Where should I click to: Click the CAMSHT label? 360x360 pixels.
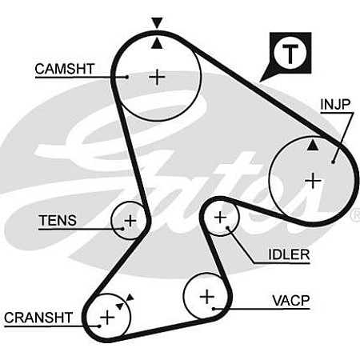click(65, 69)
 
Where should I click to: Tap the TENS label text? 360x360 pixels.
click(58, 221)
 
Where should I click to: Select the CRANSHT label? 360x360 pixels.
click(38, 318)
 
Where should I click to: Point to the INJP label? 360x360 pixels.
click(335, 104)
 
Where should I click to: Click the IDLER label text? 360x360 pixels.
click(289, 254)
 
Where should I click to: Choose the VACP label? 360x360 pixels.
click(291, 301)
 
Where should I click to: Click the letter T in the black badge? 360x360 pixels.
click(290, 54)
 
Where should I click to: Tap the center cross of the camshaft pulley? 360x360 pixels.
click(157, 78)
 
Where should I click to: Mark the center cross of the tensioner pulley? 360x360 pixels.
click(130, 221)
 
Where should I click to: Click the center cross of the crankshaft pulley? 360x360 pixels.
click(107, 318)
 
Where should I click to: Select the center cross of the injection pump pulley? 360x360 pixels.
click(313, 181)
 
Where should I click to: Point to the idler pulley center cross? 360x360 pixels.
click(220, 218)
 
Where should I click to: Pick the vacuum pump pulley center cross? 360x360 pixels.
click(207, 297)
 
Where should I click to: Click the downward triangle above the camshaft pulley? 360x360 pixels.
click(157, 22)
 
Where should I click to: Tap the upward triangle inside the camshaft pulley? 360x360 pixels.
click(157, 44)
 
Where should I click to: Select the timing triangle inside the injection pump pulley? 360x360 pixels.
click(313, 146)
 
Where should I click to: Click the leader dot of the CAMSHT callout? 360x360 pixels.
click(127, 77)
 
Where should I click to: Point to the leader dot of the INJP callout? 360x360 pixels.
click(333, 162)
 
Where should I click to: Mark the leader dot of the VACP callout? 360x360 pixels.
click(214, 309)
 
